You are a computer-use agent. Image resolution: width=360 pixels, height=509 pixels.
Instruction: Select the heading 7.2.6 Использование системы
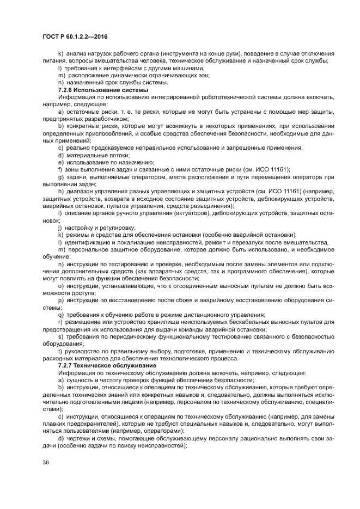[x=103, y=89]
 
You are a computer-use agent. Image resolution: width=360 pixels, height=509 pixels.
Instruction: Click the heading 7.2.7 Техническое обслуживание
[x=105, y=365]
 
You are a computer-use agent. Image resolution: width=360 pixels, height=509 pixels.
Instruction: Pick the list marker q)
[x=60, y=315]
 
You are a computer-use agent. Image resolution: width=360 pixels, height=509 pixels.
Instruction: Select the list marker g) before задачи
[x=60, y=177]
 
